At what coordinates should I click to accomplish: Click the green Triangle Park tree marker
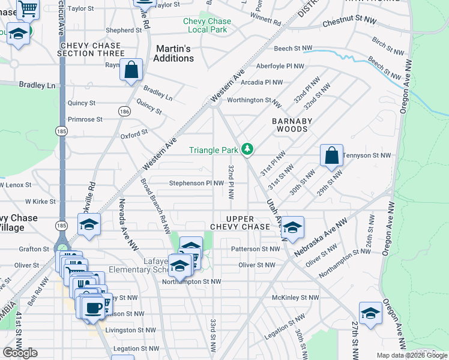click(x=247, y=149)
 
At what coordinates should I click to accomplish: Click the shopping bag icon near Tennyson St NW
click(x=331, y=156)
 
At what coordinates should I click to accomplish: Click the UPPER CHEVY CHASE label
click(x=240, y=223)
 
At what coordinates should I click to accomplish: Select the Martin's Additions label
click(x=173, y=53)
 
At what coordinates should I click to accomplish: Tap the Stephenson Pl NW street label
click(x=196, y=183)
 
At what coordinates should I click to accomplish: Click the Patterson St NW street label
click(x=256, y=248)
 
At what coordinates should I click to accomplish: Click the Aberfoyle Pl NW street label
click(x=280, y=66)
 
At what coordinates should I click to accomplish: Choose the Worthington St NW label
click(x=255, y=100)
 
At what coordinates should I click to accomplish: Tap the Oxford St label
click(x=134, y=135)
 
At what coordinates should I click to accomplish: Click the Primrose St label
click(x=85, y=119)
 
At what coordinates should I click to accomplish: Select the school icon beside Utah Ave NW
click(x=292, y=228)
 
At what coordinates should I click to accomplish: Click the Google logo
click(x=20, y=353)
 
